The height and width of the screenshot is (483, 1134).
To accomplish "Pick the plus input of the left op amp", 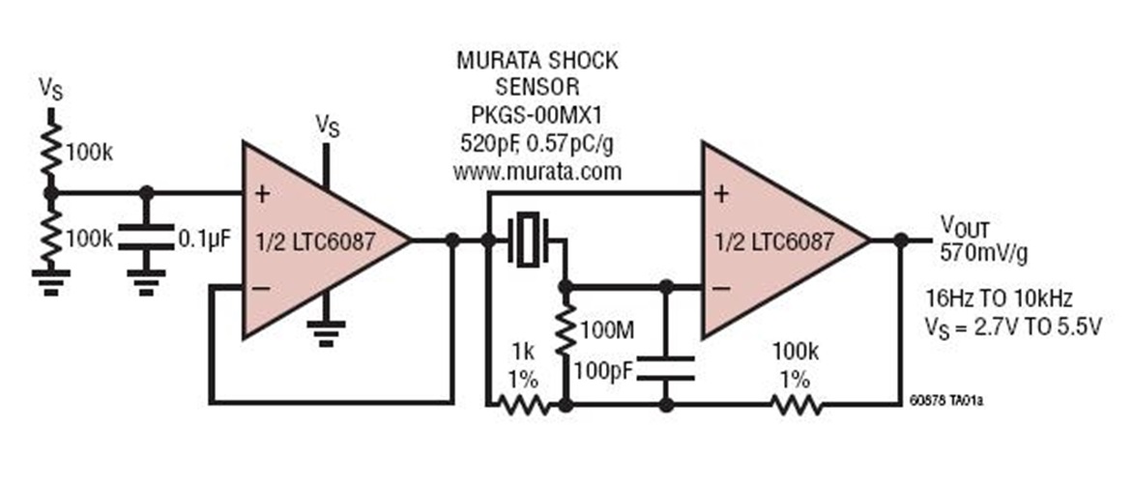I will pos(260,192).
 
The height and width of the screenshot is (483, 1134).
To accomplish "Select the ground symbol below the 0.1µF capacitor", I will pos(146,282).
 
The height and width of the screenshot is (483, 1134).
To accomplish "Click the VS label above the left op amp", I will pos(330,125).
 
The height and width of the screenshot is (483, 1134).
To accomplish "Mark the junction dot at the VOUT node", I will pos(901,240).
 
